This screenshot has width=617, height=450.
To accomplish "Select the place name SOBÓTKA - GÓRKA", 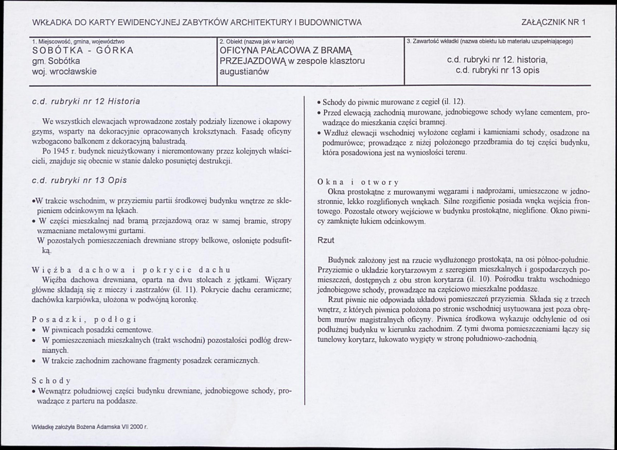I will click(x=83, y=50).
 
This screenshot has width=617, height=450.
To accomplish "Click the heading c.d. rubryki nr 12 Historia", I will click(x=86, y=101).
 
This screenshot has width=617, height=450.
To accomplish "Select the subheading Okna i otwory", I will click(x=358, y=182).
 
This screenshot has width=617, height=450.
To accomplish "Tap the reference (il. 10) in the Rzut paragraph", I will click(x=462, y=279).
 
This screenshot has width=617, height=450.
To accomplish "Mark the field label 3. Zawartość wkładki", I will click(x=432, y=41).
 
